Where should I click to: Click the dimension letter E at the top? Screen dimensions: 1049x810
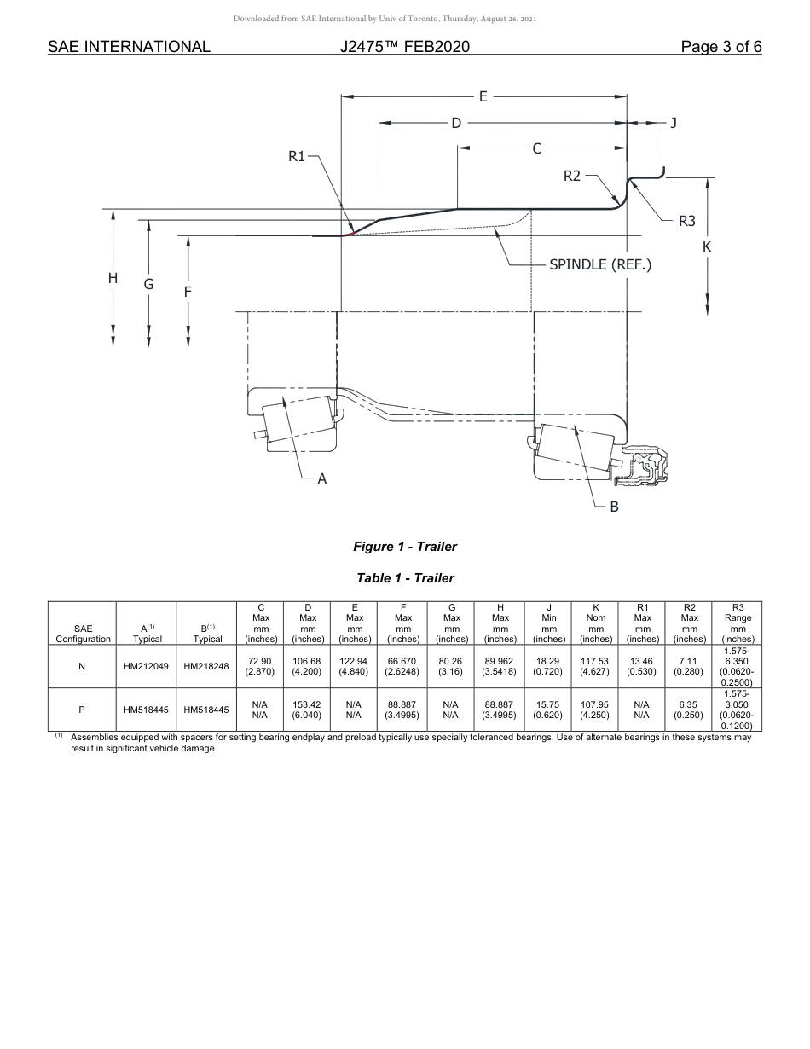483,96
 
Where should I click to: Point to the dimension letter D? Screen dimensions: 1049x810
456,123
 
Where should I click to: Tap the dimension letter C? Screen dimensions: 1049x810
536,148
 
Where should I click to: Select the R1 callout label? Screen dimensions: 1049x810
297,156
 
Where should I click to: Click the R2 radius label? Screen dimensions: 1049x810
572,176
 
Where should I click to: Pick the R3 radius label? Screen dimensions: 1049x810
687,221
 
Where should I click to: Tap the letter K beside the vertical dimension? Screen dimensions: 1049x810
707,246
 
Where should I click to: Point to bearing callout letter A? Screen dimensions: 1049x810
322,479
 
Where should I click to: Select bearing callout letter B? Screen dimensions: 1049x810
614,507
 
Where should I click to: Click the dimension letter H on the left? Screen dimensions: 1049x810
113,278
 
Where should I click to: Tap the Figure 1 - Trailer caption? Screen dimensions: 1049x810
405,547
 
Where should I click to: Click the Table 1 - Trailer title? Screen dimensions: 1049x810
405,578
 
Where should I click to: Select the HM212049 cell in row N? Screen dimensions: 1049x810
146,666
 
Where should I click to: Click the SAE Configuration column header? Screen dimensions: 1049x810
83,633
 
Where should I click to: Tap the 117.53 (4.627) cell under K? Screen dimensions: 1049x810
595,666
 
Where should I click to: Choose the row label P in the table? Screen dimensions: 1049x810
82,710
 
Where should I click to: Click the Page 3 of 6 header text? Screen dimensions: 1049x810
720,47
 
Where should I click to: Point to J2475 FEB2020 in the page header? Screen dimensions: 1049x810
404,47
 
